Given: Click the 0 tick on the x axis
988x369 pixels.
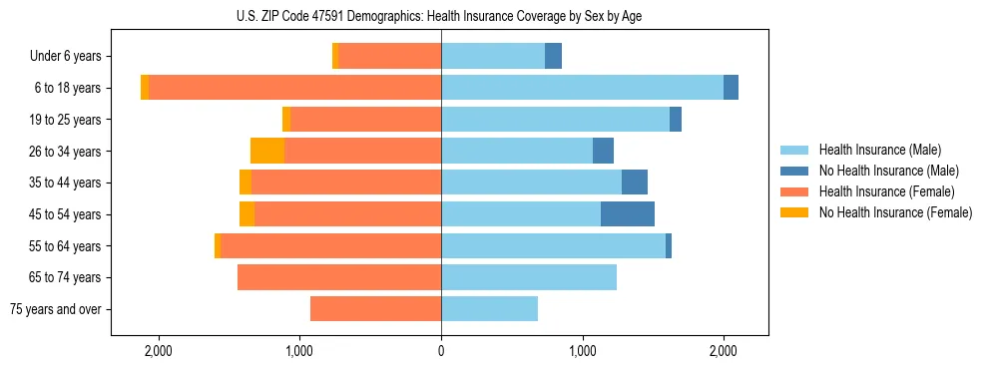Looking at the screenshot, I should pos(441,351).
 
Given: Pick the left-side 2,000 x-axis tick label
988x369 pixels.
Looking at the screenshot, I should pos(159,351).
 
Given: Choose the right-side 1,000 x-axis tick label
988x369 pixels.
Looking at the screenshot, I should pos(583,351).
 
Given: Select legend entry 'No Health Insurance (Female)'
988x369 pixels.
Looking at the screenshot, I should pos(895,212).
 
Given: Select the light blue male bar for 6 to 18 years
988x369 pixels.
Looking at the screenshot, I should pos(582,88).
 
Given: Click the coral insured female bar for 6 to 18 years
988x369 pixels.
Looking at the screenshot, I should pos(294,88).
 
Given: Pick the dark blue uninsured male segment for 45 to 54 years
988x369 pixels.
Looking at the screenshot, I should pos(628,214).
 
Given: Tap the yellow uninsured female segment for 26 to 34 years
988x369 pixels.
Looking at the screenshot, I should pos(267,152).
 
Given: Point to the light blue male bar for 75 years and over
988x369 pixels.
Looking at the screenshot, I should pos(489,309).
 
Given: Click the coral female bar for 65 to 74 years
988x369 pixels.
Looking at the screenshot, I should pos(339,277).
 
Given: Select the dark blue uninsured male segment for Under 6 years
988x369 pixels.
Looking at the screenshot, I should pos(553,57).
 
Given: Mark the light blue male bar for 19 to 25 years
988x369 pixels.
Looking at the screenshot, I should pos(555,120).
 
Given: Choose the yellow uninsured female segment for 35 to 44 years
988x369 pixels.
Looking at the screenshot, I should pos(246,183).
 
